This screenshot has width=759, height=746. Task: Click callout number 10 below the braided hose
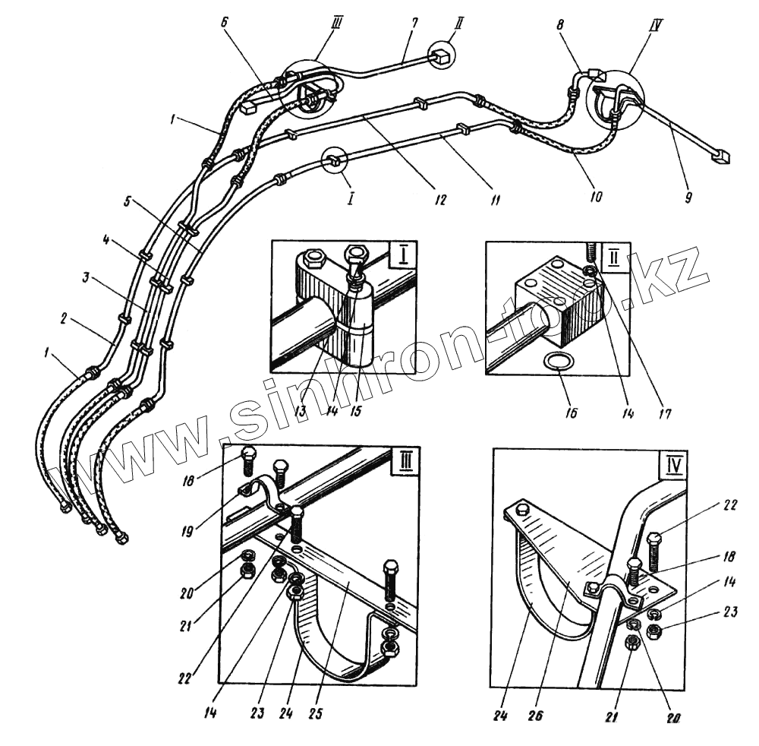[x=596, y=197]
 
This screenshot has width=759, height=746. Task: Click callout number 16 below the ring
[x=571, y=413]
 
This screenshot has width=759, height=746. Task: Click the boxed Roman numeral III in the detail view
[x=404, y=463]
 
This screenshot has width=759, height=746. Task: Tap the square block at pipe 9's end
[x=722, y=157]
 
